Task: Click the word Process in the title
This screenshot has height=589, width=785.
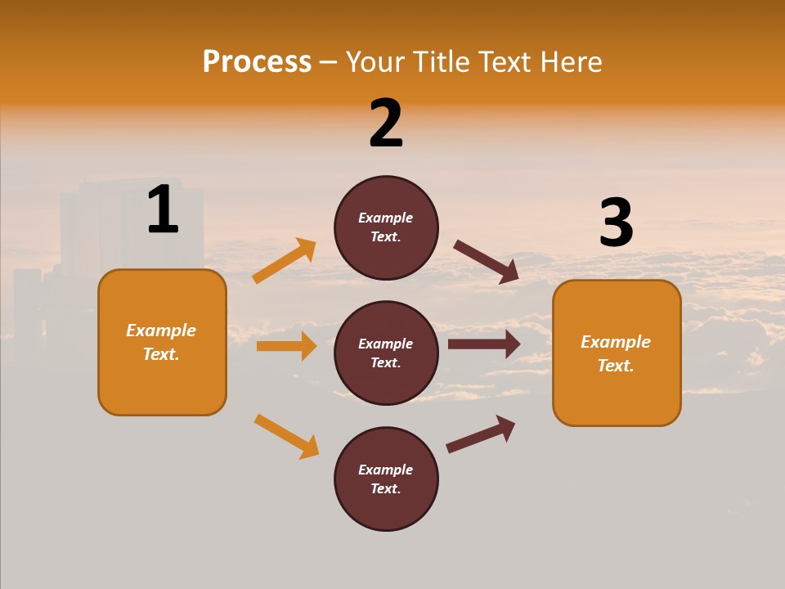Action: pyautogui.click(x=257, y=62)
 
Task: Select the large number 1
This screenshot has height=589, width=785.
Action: pyautogui.click(x=163, y=210)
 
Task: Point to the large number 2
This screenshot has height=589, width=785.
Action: pyautogui.click(x=386, y=124)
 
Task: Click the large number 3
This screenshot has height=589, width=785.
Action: pyautogui.click(x=616, y=223)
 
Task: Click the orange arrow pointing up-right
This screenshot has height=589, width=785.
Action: pyautogui.click(x=285, y=261)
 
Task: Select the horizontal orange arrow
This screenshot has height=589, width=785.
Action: pyautogui.click(x=286, y=346)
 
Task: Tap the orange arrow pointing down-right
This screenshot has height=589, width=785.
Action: pyautogui.click(x=287, y=437)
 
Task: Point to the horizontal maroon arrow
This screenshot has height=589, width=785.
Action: pyautogui.click(x=484, y=344)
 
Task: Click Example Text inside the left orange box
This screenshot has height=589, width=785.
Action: pyautogui.click(x=161, y=342)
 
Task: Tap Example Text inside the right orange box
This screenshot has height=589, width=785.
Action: pyautogui.click(x=616, y=353)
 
